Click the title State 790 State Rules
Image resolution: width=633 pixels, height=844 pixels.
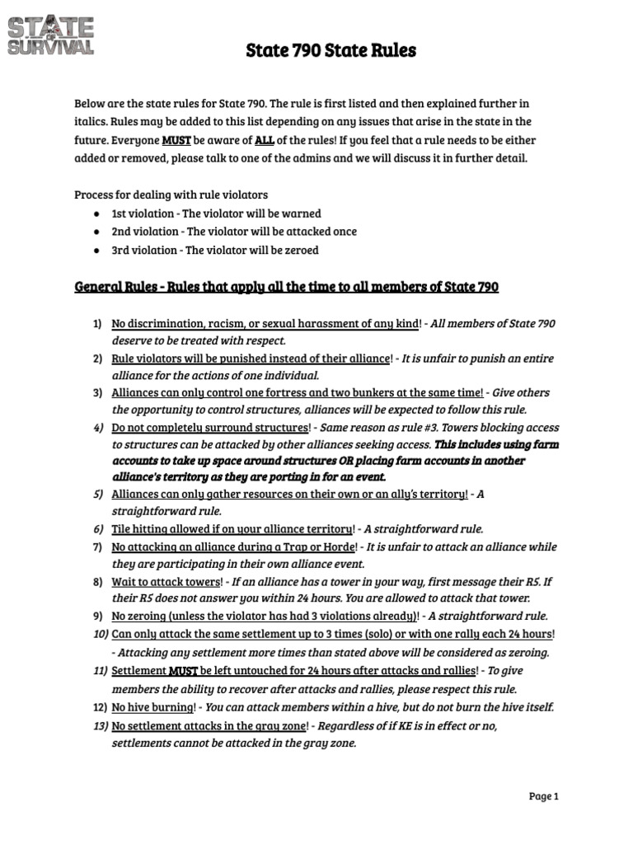[x=331, y=51]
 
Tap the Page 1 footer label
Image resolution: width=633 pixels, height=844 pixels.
[x=543, y=796]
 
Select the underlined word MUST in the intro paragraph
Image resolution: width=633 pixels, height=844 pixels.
[x=176, y=141]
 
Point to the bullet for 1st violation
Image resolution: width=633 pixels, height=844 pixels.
[x=97, y=213]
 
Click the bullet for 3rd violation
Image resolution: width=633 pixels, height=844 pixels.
[x=97, y=250]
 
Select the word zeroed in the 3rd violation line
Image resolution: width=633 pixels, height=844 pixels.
[x=301, y=250]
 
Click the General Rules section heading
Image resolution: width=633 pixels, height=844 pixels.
[x=286, y=287]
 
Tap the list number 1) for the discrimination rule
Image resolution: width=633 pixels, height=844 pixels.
[x=97, y=324]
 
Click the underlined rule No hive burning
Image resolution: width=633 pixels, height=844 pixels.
[x=153, y=707]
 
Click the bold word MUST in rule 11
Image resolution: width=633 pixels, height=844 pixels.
[x=182, y=671]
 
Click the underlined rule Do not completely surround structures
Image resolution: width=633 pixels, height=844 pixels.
[x=210, y=428]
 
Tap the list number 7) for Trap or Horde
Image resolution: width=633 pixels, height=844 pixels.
[x=97, y=546]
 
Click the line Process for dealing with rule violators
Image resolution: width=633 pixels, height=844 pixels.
[x=171, y=195]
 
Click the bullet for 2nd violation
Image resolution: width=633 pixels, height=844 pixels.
[x=97, y=232]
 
